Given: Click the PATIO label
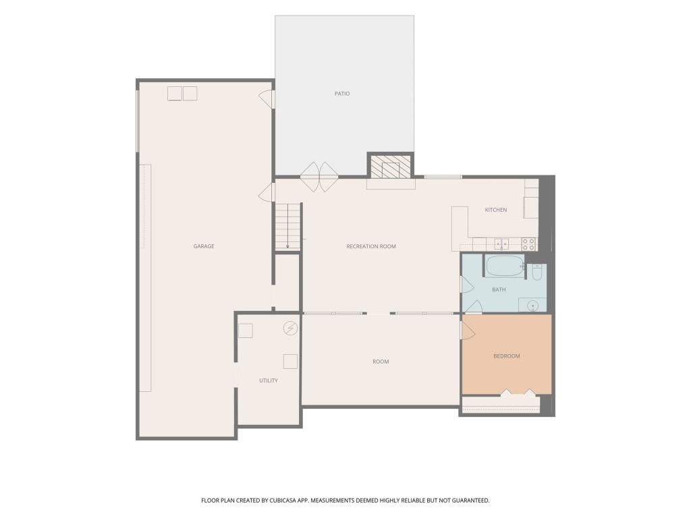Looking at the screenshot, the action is click(342, 93).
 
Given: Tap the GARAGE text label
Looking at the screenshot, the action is click(204, 246).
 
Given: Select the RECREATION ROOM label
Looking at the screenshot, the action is click(371, 246).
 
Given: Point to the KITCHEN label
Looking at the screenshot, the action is click(496, 210).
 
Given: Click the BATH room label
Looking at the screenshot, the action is click(499, 289).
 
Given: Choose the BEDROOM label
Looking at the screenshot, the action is click(506, 356).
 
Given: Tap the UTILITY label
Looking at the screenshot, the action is click(269, 380).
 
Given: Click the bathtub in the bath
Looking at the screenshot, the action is click(504, 266).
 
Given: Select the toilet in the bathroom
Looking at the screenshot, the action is click(536, 272).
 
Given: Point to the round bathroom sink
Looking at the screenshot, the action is click(533, 306).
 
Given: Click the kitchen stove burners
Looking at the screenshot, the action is click(528, 244).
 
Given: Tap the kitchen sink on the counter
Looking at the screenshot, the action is click(501, 244).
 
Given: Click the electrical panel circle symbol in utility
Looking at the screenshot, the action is click(290, 328).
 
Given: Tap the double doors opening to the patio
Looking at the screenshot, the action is click(319, 177).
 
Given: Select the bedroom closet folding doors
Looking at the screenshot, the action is click(518, 392).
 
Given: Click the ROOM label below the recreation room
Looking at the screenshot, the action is click(381, 362).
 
